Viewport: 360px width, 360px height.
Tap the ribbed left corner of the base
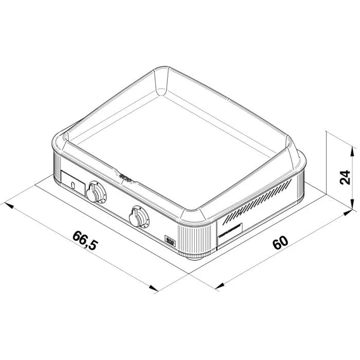[55, 165]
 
